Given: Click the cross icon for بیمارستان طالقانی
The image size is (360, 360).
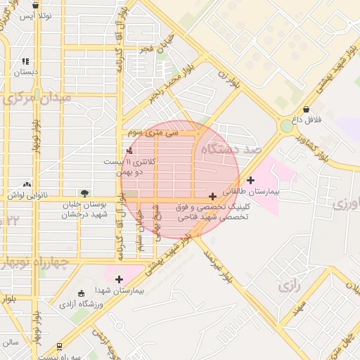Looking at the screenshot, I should click(x=251, y=180).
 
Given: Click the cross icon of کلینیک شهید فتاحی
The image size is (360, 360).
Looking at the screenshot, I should click(x=213, y=196).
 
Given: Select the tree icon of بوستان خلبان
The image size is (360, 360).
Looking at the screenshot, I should click(x=85, y=192).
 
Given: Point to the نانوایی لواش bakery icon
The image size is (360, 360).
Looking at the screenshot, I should click(x=29, y=184).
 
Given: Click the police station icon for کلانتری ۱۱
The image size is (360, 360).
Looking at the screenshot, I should click(x=128, y=151).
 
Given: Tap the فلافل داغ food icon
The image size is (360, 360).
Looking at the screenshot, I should click(x=307, y=109).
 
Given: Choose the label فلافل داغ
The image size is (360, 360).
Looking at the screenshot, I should click(x=307, y=120).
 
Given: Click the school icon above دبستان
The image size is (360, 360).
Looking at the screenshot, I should click(x=26, y=62).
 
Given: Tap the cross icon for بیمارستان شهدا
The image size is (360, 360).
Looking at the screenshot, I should click(x=119, y=279).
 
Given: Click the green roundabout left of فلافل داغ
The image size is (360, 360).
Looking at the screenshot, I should click(x=286, y=127).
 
